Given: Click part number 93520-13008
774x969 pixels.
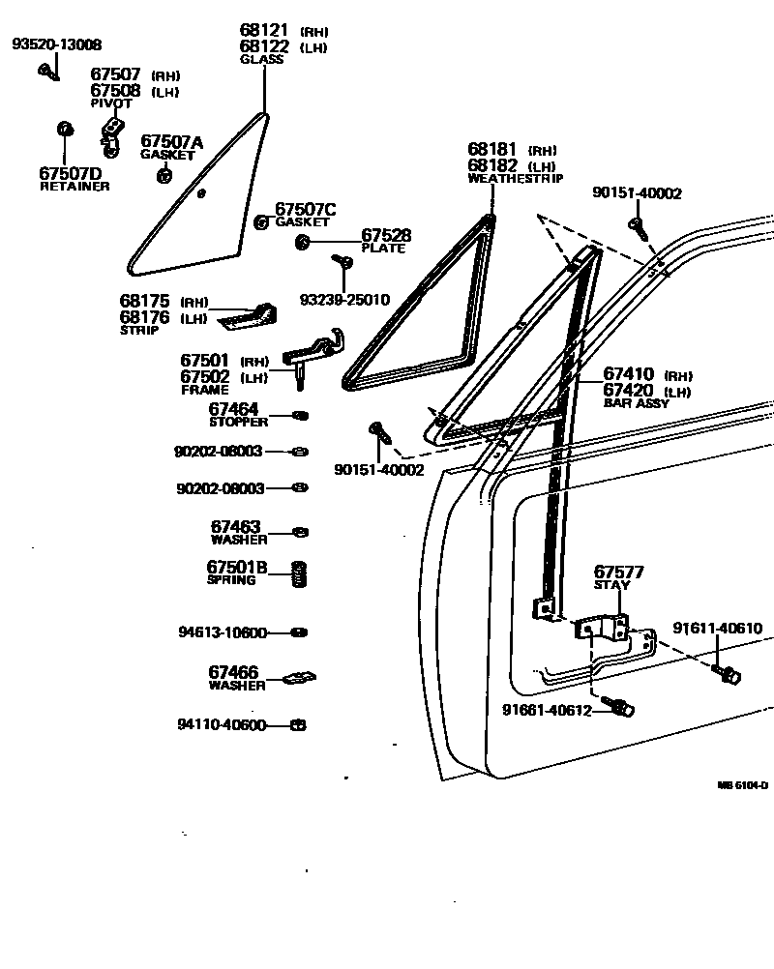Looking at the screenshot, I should [x=56, y=44].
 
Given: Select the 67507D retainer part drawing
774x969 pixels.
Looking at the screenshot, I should [x=65, y=129].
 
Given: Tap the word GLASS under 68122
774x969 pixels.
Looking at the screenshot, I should [x=261, y=60].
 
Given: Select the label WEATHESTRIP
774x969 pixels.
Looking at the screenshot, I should [x=515, y=178].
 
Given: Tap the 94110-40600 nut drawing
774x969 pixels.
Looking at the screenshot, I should [x=299, y=725].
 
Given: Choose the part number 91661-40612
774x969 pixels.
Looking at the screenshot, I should [x=545, y=710].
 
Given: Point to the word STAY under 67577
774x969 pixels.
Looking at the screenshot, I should [x=611, y=586].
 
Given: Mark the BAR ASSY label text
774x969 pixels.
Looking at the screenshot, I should [x=636, y=403].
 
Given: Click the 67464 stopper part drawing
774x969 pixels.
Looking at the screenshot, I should [x=300, y=416].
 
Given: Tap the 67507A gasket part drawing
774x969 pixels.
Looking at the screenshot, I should [x=164, y=175].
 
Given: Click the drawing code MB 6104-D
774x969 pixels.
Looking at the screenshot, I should [x=742, y=786].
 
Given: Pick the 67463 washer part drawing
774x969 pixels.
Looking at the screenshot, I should [x=300, y=532].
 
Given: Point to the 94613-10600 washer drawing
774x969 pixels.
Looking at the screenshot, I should [x=300, y=632].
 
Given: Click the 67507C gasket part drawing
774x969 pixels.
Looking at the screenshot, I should [x=260, y=222].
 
